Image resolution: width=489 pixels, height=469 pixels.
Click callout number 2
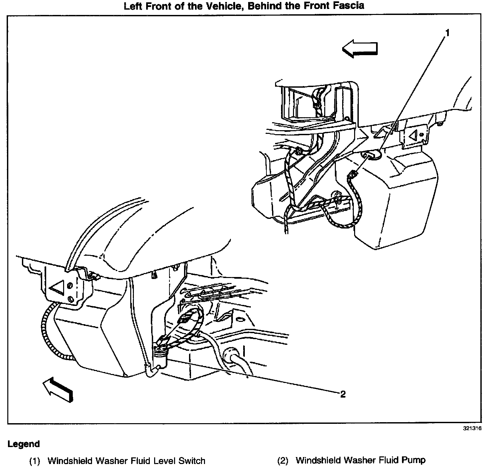(343, 394)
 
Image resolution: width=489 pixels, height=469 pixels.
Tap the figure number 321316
(472, 428)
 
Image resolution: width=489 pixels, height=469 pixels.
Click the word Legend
(24, 444)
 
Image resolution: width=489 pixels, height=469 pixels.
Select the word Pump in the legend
(414, 460)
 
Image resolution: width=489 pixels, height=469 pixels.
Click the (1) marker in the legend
(35, 461)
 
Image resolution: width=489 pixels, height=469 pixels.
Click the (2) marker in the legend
(283, 461)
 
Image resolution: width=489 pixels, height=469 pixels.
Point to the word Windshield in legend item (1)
(70, 461)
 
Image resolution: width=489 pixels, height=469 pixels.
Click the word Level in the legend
(165, 461)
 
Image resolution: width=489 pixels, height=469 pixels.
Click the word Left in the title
(132, 6)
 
